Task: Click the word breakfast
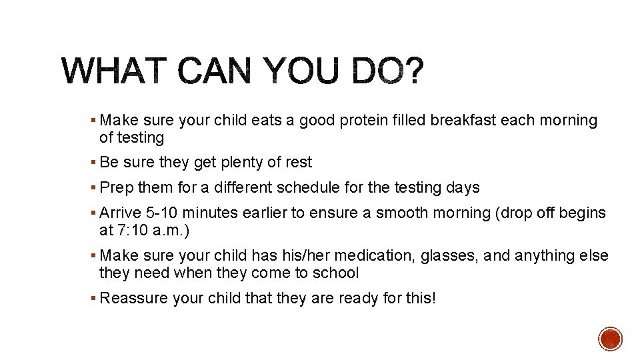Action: point(463,121)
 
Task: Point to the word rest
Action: point(298,163)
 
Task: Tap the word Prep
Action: point(117,188)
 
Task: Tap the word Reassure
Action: point(133,298)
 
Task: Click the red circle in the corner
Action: point(610,339)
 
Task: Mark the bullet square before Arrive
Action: point(94,213)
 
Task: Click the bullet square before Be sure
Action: point(94,163)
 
